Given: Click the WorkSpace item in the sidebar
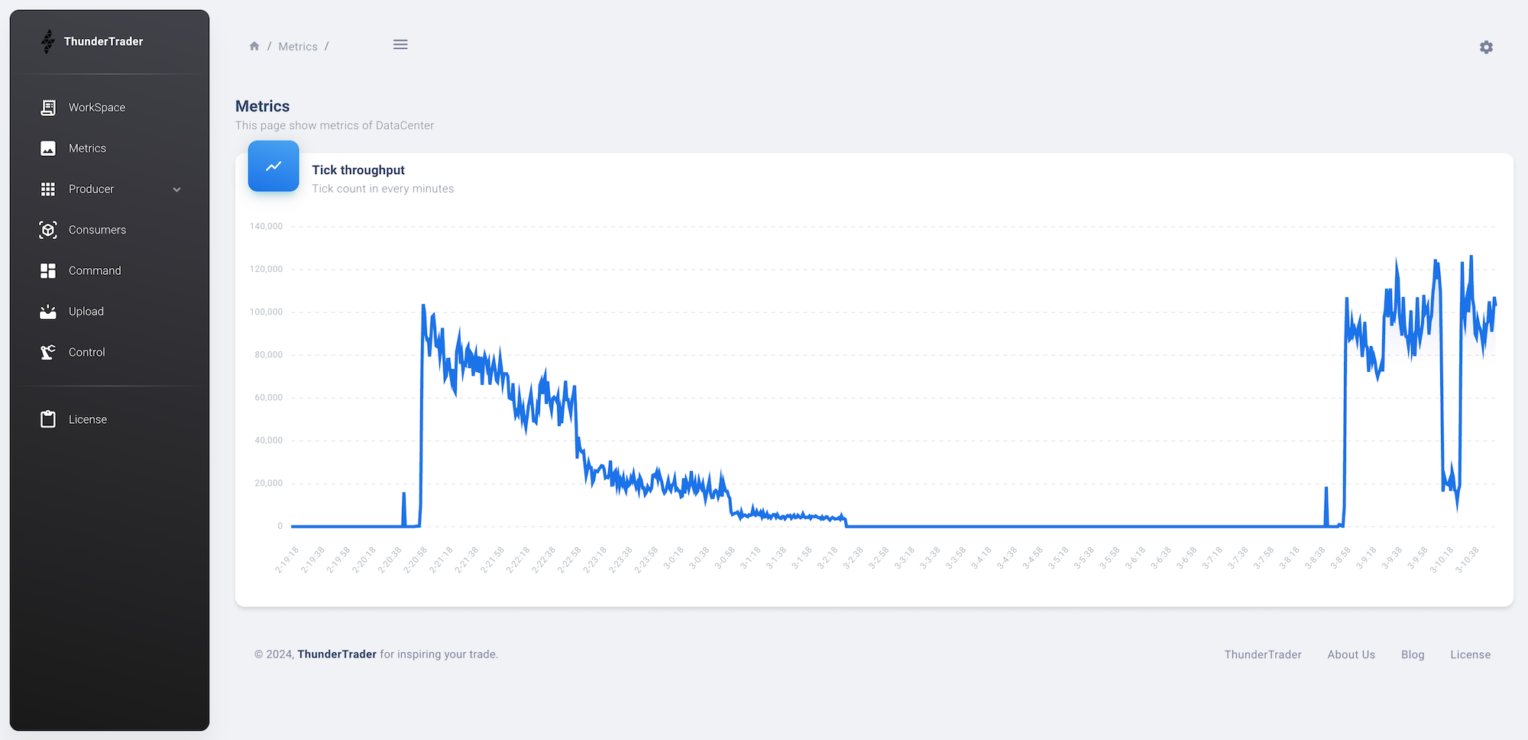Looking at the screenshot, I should click(x=96, y=108).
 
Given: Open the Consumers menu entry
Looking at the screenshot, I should click(x=97, y=230).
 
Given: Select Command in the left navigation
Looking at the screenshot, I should click(x=95, y=270).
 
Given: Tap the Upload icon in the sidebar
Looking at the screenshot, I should click(x=48, y=312).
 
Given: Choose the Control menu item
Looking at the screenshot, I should click(x=86, y=352).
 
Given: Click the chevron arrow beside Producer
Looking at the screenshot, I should click(x=177, y=189).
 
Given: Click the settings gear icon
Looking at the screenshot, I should click(x=1486, y=47).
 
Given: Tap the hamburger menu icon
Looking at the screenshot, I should click(x=400, y=45).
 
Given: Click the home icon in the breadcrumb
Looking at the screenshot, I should click(x=254, y=47).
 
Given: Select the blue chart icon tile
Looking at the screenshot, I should click(x=274, y=166).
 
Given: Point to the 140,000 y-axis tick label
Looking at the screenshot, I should click(x=266, y=227).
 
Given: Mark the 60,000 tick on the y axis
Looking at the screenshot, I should click(x=268, y=398).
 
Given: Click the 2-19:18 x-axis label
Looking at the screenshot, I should click(x=288, y=560).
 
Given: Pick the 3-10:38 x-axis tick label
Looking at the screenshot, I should click(x=1467, y=560).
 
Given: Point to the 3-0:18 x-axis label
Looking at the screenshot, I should click(x=673, y=558).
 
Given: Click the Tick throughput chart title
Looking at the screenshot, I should click(x=358, y=170).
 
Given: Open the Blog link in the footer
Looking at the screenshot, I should click(x=1413, y=654).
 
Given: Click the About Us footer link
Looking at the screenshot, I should click(x=1351, y=654).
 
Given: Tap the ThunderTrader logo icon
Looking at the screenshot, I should click(x=48, y=41).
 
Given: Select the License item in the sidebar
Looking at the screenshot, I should click(x=87, y=419).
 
